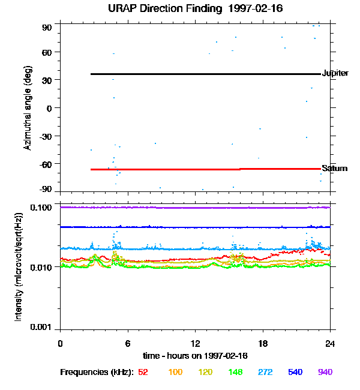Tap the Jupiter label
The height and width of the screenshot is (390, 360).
[x=335, y=73]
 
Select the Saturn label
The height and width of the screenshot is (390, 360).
[x=334, y=168]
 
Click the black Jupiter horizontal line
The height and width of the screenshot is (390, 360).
[x=204, y=74]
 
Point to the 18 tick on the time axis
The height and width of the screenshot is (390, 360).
[x=263, y=343]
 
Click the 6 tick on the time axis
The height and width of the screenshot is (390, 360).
[x=128, y=343]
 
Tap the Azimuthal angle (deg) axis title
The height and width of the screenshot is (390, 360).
[x=28, y=108]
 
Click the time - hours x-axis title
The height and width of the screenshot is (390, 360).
[x=196, y=356]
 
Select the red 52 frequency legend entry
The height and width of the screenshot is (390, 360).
[x=143, y=372]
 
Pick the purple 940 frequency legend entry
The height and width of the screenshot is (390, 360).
[x=325, y=372]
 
